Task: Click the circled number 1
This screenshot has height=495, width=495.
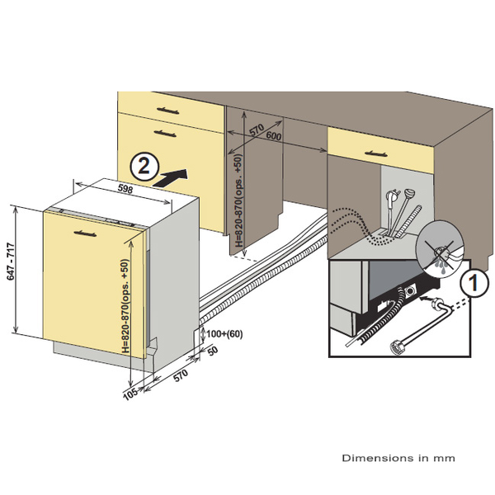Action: pos(471,283)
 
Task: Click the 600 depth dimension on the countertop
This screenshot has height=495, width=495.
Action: pos(274,136)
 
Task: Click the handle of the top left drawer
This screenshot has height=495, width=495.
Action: pos(169,108)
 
